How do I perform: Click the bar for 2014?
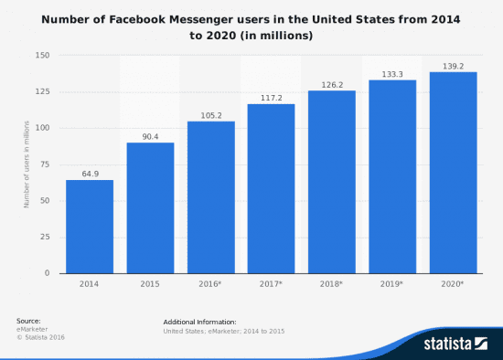90,227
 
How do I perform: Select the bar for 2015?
150,207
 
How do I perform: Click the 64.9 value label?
90,173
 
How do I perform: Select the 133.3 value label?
391,73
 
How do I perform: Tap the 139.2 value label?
452,65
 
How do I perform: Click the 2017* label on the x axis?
271,284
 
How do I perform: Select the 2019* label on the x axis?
391,284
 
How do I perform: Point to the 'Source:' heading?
28,322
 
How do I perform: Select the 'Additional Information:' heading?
199,323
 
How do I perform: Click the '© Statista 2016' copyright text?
41,338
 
